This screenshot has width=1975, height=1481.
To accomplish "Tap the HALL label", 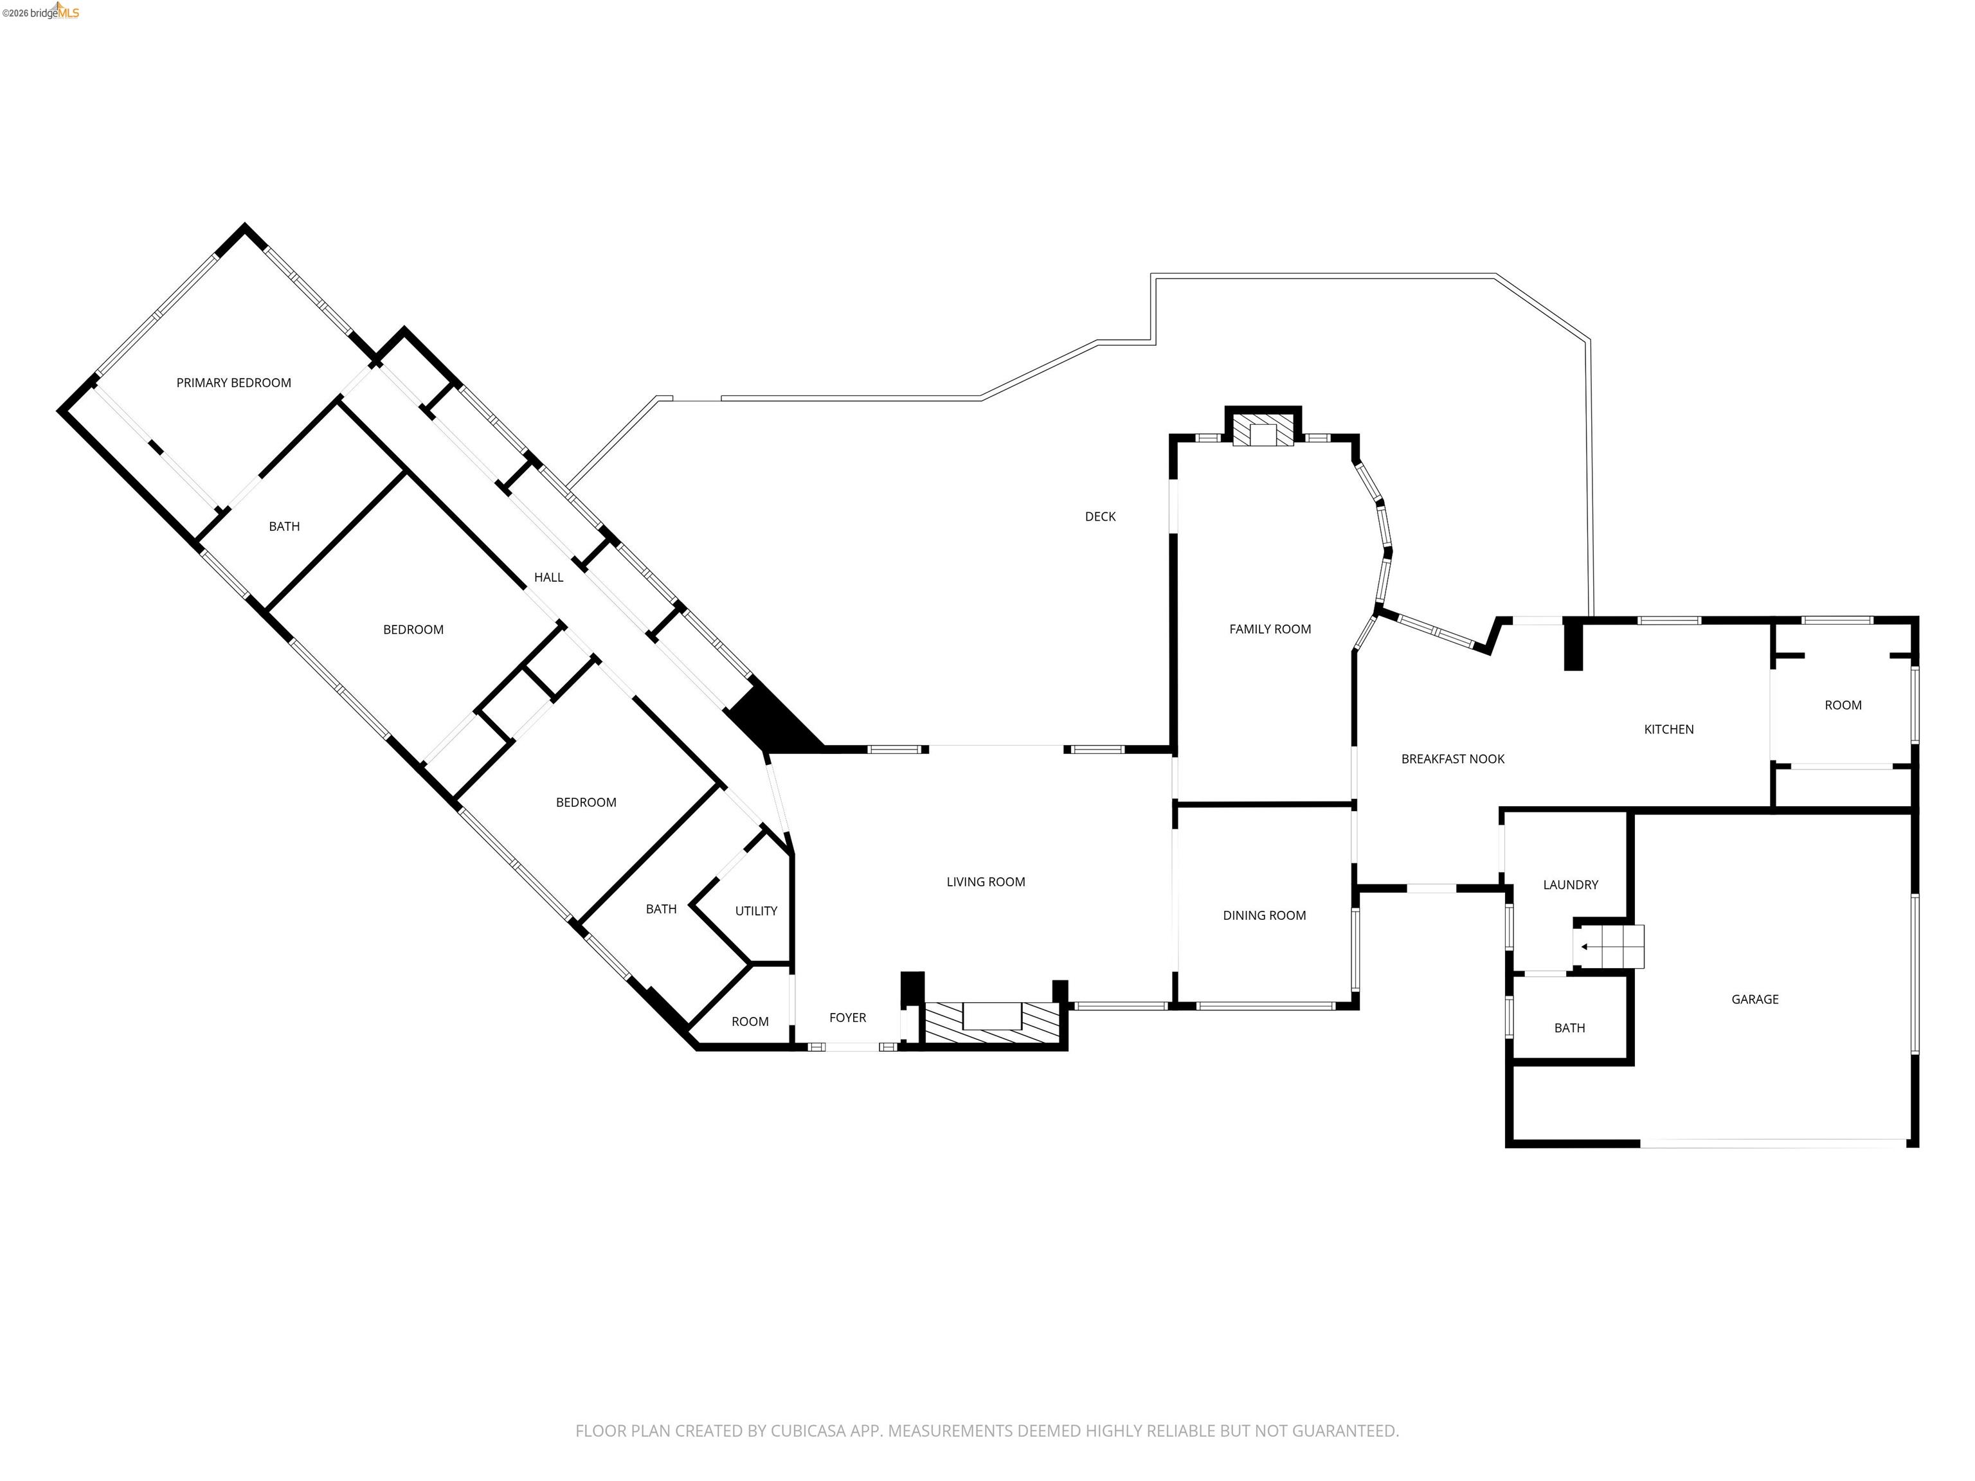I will (x=548, y=578).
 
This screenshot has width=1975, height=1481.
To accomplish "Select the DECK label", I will (x=1100, y=517).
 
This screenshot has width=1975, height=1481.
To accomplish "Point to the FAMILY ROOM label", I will (x=1270, y=629).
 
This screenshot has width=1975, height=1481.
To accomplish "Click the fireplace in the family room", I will (x=1263, y=434).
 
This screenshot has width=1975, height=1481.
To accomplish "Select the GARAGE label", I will (x=1754, y=1000).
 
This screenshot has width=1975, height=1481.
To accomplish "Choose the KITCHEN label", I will (x=1668, y=730).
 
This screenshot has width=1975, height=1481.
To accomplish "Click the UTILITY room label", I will (x=755, y=911).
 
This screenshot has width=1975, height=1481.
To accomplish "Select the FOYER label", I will (x=847, y=1018).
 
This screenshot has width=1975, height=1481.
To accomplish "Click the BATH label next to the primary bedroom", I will (x=284, y=526).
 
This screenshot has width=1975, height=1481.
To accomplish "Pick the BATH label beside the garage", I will (x=1569, y=1028).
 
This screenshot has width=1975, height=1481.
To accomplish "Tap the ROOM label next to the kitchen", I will (x=1843, y=705).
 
